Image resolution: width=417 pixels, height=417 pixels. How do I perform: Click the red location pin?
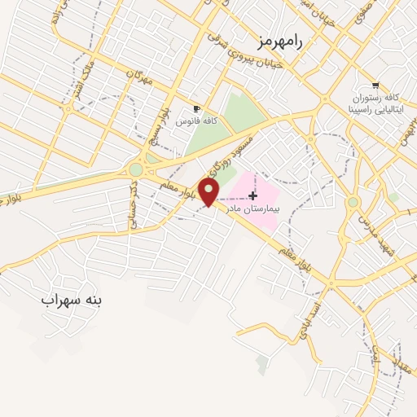click(210, 193)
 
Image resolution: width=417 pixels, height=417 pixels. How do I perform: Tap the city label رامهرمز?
click(278, 42)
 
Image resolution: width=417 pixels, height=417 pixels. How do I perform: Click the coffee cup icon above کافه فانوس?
click(195, 108)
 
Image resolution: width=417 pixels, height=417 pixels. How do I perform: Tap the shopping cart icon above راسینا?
click(375, 86)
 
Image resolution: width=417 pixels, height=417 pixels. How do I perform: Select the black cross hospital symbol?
click(253, 195)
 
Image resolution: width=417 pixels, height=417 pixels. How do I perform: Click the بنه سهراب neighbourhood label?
click(72, 300)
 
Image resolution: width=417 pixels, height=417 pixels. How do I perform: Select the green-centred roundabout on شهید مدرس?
click(353, 202)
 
